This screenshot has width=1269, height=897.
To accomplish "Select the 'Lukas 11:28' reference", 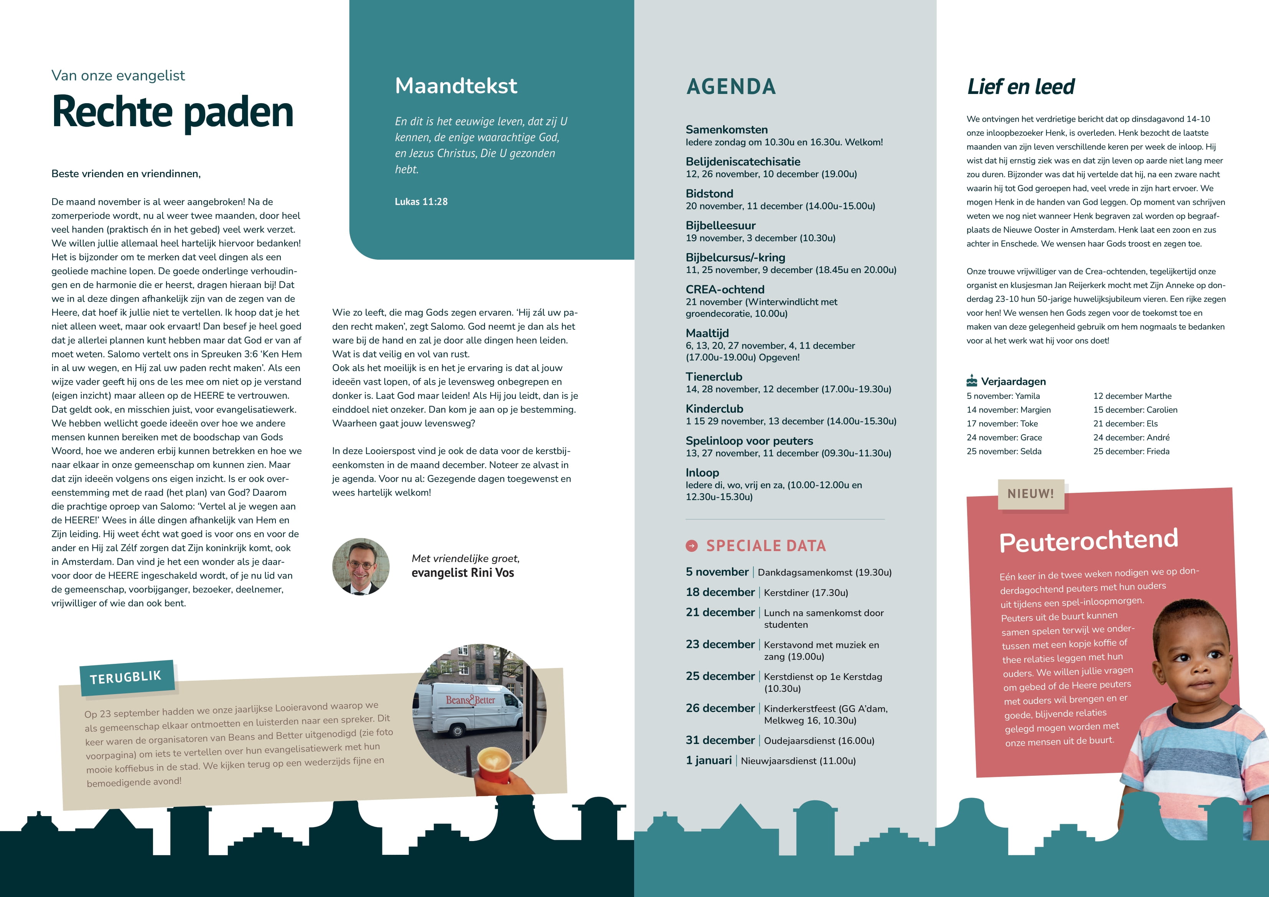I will [x=421, y=202].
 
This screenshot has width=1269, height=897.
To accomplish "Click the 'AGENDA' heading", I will [x=731, y=87].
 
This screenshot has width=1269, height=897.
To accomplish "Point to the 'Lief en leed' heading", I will [x=1020, y=87].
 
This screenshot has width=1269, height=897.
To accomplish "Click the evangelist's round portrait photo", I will [x=361, y=566].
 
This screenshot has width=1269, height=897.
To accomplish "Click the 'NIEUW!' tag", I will [x=1030, y=494].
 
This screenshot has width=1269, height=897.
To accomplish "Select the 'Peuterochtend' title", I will [x=1088, y=540].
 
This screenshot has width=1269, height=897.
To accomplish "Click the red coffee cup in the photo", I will [x=494, y=765].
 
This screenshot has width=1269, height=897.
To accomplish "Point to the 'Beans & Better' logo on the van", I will [x=470, y=700].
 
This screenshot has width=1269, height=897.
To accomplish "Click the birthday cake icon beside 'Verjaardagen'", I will [x=972, y=381].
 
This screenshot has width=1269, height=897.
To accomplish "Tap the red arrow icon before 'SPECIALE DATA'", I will [x=691, y=546].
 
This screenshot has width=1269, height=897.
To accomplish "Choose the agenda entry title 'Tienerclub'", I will [x=714, y=377].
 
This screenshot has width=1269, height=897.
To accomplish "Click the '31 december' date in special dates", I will [x=720, y=740].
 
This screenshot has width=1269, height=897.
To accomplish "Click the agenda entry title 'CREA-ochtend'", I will [x=725, y=290].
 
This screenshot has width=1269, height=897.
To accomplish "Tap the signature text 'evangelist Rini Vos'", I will [x=463, y=573].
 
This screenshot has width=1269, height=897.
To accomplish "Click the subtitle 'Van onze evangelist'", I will [x=118, y=76].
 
